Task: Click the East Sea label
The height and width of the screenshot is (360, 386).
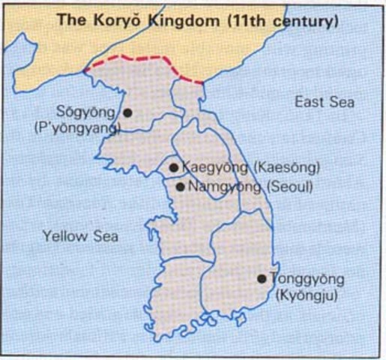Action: (x=324, y=101)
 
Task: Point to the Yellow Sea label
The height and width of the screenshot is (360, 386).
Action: (x=80, y=236)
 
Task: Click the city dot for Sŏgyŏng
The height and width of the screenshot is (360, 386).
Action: (x=127, y=112)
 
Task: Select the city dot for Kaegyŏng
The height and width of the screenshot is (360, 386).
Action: (x=174, y=168)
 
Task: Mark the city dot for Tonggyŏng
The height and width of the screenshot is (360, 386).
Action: (x=262, y=278)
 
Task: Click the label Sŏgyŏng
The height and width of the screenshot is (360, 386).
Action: (x=93, y=113)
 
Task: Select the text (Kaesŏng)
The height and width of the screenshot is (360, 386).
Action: (x=289, y=168)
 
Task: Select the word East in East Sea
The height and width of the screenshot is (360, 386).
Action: (x=310, y=101)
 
